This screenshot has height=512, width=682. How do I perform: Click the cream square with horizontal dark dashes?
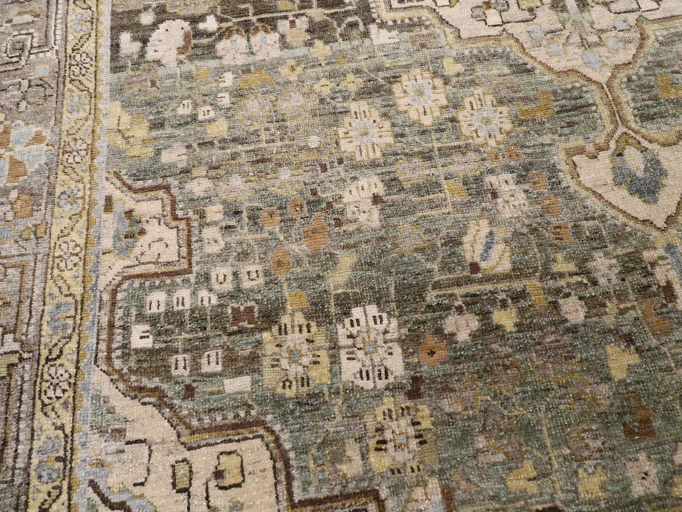(141, 336)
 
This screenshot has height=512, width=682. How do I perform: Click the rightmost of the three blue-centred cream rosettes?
(484, 117)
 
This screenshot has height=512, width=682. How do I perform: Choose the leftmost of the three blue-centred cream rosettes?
(364, 130)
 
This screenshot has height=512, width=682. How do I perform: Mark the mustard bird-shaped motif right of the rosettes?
(537, 107)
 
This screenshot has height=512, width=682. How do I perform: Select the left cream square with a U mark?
(222, 276)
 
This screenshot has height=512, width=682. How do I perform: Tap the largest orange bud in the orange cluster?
(316, 233)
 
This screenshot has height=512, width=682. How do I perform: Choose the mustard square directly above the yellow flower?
(296, 300)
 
